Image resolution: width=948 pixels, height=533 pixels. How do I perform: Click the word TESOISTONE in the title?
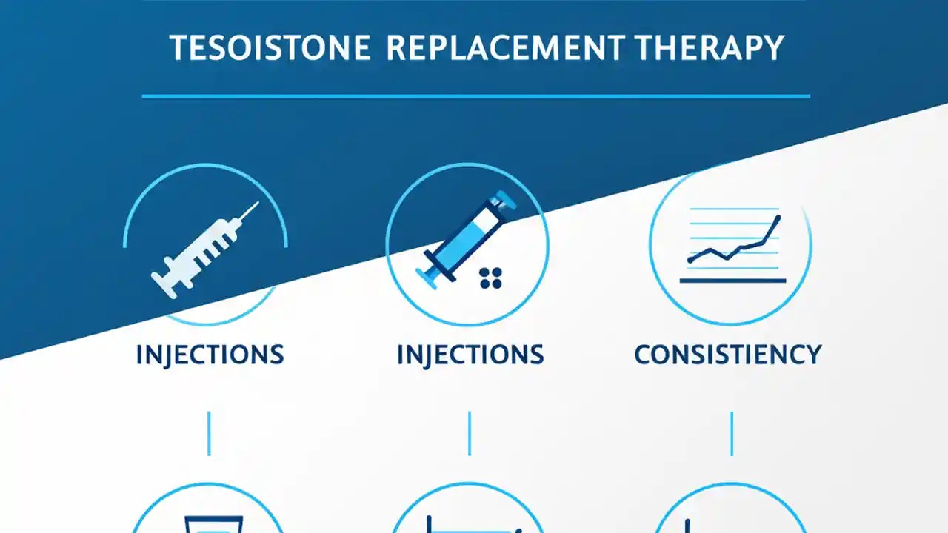pyautogui.click(x=270, y=48)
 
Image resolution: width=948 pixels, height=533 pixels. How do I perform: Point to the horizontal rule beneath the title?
pyautogui.click(x=475, y=96)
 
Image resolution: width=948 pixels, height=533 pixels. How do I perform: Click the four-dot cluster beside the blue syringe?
pyautogui.click(x=490, y=278)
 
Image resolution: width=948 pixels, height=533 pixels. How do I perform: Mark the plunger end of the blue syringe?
pyautogui.click(x=428, y=275)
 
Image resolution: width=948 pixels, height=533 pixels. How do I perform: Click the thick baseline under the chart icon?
pyautogui.click(x=732, y=281)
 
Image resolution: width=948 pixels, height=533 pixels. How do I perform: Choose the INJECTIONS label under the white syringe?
pyautogui.click(x=210, y=355)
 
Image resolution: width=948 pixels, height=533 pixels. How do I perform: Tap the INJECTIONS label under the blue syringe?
pyautogui.click(x=470, y=355)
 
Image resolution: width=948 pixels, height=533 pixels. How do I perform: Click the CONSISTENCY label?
pyautogui.click(x=728, y=355)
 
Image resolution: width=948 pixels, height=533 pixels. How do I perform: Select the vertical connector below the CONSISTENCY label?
pyautogui.click(x=732, y=434)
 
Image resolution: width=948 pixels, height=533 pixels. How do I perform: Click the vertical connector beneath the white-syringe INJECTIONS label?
pyautogui.click(x=209, y=434)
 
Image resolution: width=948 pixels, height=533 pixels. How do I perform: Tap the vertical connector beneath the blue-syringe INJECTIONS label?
pyautogui.click(x=470, y=434)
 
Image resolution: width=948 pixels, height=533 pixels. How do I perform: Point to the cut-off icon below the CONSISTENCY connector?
pyautogui.click(x=730, y=514)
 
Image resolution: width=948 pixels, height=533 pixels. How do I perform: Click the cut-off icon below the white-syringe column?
pyautogui.click(x=207, y=514)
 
